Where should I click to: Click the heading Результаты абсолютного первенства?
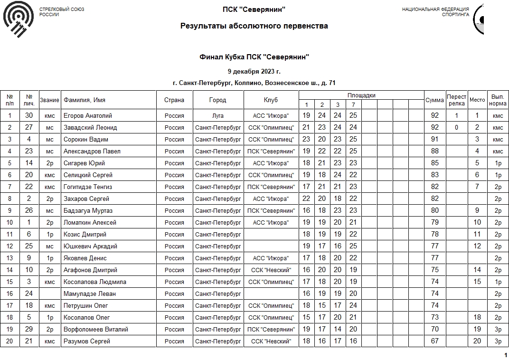[x=254, y=26]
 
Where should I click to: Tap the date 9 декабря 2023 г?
[x=254, y=72]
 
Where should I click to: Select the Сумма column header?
[x=434, y=100]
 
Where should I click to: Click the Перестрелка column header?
[x=456, y=100]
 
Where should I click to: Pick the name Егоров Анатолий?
[x=88, y=115]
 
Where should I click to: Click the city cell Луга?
[x=218, y=115]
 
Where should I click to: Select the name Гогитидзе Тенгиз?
[x=88, y=187]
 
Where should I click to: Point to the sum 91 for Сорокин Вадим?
[x=434, y=139]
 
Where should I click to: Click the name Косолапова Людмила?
[x=94, y=282]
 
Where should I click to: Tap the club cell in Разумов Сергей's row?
[x=271, y=341]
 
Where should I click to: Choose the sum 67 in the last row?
[x=434, y=341]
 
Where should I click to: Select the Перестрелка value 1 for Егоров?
[x=456, y=115]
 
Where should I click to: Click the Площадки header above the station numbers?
[x=361, y=95]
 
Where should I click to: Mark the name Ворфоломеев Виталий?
[x=96, y=329]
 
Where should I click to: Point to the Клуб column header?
[x=271, y=100]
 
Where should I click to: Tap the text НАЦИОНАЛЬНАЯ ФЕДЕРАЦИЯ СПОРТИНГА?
[x=435, y=12]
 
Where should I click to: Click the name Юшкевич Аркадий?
[x=90, y=246]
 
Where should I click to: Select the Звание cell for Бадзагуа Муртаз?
[x=50, y=210]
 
